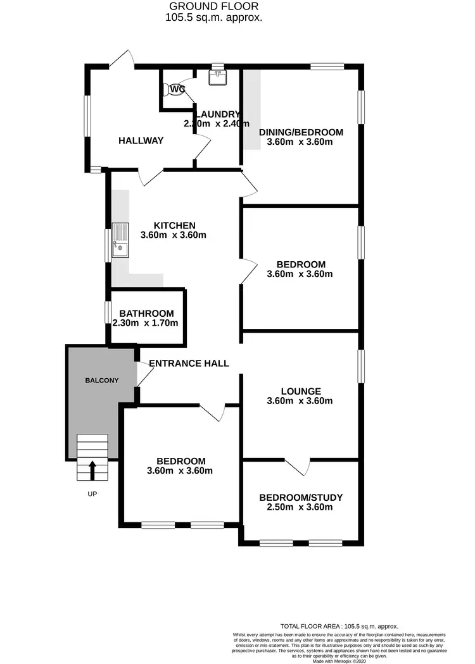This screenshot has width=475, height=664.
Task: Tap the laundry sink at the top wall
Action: click(x=218, y=77)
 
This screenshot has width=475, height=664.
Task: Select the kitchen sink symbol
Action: click(x=120, y=241)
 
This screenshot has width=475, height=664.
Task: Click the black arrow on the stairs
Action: click(x=92, y=470)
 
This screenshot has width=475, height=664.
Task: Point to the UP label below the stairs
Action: click(x=92, y=493)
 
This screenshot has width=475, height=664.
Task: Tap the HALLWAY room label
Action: click(x=141, y=140)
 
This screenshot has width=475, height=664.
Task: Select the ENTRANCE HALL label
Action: click(x=189, y=363)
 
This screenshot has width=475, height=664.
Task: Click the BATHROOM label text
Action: click(x=146, y=313)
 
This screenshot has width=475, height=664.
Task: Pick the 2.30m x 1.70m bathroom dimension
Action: click(x=145, y=323)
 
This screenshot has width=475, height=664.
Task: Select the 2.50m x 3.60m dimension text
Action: click(x=300, y=507)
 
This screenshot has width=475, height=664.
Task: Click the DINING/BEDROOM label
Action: click(x=301, y=132)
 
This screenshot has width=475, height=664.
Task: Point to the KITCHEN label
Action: click(x=174, y=225)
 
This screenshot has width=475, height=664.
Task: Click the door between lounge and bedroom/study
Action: click(x=298, y=467)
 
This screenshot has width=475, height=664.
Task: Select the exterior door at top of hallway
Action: click(x=122, y=59)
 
